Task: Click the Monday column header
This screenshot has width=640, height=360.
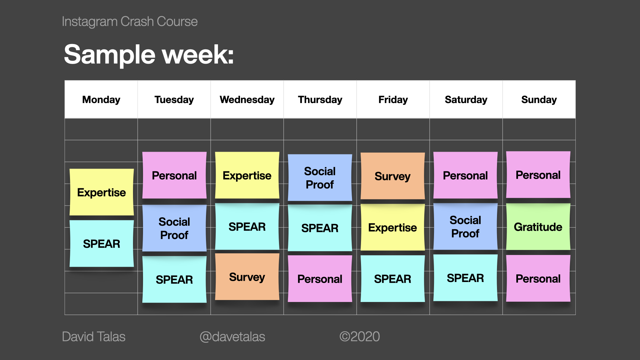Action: click(101, 99)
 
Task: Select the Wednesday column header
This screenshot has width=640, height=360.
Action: click(247, 99)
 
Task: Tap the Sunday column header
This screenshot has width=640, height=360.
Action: click(539, 99)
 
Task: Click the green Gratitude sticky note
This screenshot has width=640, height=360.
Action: click(538, 227)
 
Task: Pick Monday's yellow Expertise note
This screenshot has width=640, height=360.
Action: click(102, 192)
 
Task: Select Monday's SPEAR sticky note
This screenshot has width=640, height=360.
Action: click(102, 243)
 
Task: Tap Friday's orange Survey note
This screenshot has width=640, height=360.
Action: click(393, 176)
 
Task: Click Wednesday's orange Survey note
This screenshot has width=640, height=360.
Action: click(247, 277)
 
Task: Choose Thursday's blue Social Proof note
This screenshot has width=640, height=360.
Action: click(320, 177)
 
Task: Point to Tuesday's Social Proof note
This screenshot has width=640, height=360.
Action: click(174, 228)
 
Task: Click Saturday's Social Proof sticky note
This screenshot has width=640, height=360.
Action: click(465, 227)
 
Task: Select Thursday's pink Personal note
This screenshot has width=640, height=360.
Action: click(320, 279)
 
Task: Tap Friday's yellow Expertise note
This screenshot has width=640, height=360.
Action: click(393, 227)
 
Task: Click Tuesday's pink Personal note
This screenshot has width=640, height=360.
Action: click(174, 175)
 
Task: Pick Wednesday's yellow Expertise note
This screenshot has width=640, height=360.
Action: click(247, 175)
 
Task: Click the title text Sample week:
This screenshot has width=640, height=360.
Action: click(149, 55)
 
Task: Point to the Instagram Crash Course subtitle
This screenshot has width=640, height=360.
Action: click(130, 22)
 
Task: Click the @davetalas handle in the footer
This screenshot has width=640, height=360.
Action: click(232, 337)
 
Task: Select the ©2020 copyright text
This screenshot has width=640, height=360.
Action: click(360, 337)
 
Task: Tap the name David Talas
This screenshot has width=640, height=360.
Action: click(94, 337)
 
